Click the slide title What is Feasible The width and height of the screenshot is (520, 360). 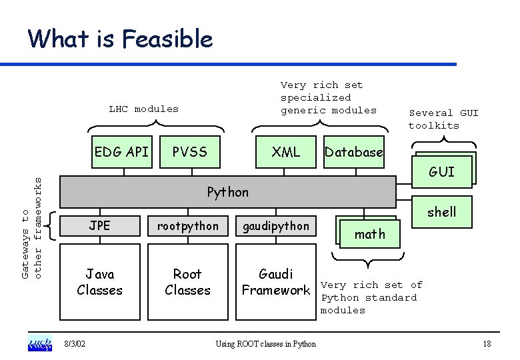120,39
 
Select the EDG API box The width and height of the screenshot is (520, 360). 122,152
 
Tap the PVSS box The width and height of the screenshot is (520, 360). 189,152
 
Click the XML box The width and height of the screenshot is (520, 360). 286,152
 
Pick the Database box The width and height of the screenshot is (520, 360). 353,152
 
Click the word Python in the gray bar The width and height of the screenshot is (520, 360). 227,192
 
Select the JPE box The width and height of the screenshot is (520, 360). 100,226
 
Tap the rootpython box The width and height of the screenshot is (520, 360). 187,226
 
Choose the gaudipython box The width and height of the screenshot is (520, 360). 276,226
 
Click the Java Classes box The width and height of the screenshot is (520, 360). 100,282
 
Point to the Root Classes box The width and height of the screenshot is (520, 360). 187,282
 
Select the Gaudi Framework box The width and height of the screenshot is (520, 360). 276,282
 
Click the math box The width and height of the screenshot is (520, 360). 370,234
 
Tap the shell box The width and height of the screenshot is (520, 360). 442,212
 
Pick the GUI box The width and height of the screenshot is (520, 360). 442,172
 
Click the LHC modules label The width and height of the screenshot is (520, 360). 144,109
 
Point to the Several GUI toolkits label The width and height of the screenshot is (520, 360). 443,119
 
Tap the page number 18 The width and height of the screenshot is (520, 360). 487,344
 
